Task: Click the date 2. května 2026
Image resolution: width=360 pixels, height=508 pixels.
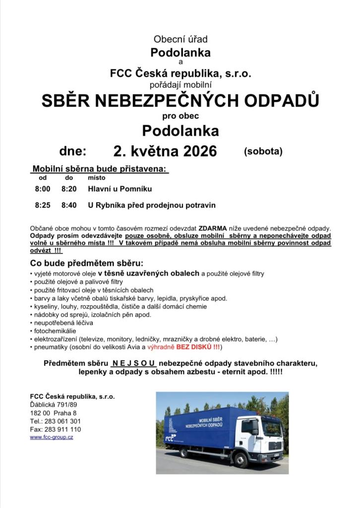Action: click(x=165, y=151)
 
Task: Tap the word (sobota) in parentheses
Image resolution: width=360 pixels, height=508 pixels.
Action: click(x=263, y=151)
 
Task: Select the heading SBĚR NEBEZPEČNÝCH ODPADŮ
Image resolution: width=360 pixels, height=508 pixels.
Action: click(x=180, y=101)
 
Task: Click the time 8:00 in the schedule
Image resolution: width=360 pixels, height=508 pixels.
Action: click(x=43, y=189)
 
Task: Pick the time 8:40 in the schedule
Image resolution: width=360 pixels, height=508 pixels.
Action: click(x=69, y=205)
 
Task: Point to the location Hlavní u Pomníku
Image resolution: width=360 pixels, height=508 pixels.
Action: click(x=120, y=189)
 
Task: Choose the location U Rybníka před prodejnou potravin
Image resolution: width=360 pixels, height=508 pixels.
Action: click(x=152, y=205)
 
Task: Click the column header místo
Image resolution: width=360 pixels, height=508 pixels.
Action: click(x=96, y=178)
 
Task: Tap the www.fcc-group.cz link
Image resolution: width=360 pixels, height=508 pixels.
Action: click(x=52, y=437)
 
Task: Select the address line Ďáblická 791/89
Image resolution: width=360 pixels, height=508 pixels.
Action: click(x=54, y=405)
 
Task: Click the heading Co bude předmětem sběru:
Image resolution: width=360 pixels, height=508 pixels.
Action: click(x=86, y=263)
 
